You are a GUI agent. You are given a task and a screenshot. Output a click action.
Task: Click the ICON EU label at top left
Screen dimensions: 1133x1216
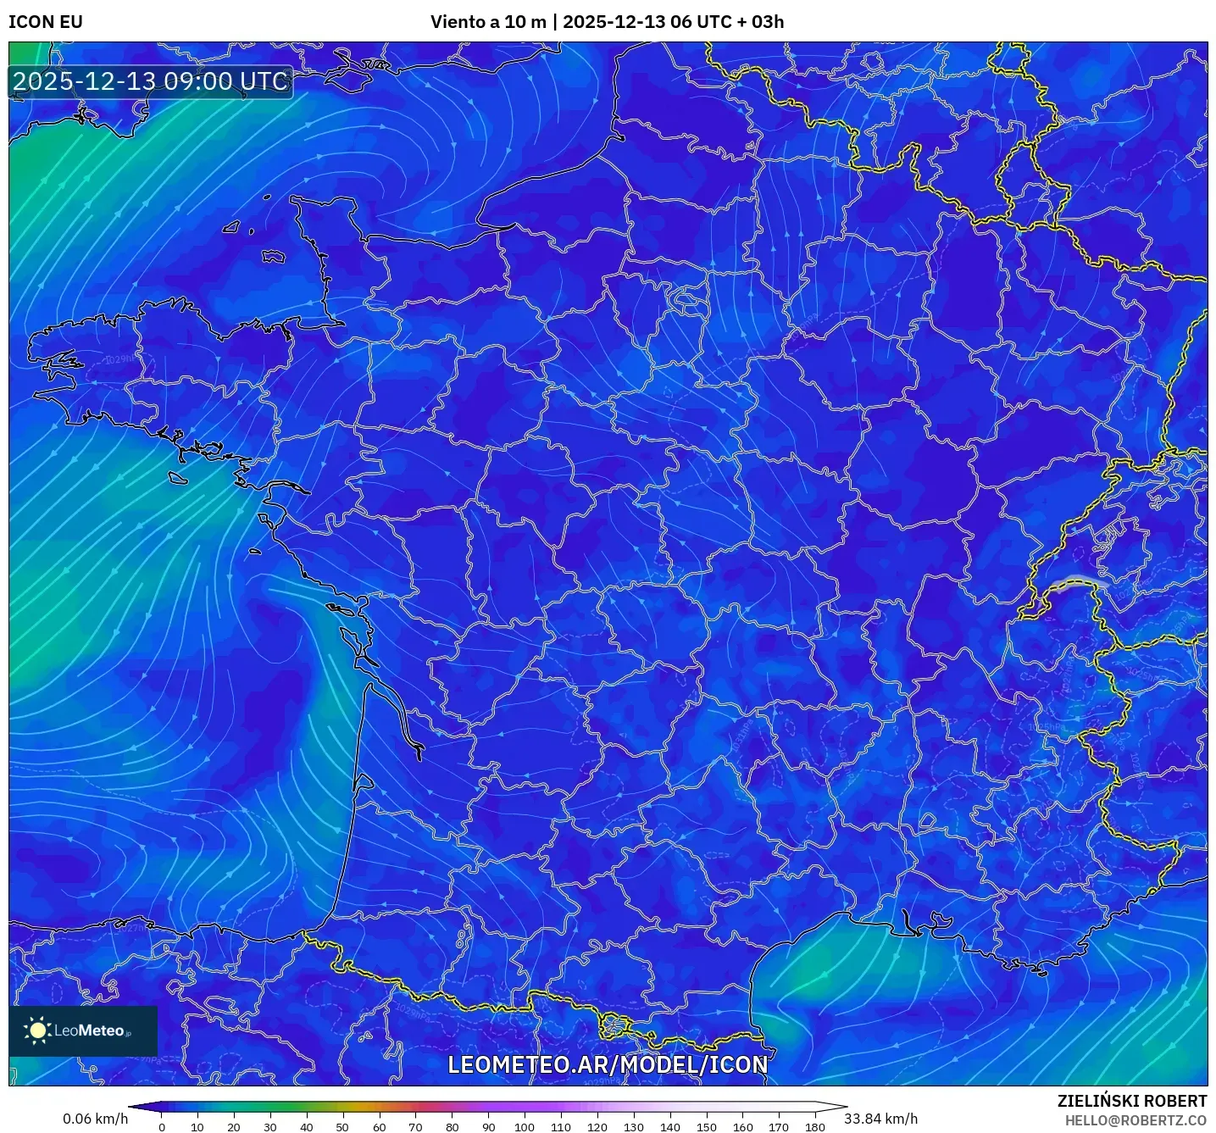46,22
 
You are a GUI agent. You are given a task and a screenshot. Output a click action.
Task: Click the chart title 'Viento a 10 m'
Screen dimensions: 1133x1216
488,22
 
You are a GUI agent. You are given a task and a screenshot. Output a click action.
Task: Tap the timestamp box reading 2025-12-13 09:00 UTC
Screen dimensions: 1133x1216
151,81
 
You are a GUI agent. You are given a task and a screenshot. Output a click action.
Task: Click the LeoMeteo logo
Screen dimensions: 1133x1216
83,1030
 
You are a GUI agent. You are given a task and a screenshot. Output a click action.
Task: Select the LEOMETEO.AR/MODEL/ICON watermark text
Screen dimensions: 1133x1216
608,1064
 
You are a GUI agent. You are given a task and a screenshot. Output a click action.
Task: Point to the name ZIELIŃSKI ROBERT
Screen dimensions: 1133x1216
1132,1101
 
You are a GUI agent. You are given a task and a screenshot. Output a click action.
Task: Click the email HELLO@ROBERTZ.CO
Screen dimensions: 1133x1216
1135,1120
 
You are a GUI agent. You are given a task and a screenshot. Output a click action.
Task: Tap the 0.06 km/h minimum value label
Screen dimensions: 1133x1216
96,1119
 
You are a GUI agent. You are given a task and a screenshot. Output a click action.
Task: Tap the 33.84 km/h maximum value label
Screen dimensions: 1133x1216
880,1119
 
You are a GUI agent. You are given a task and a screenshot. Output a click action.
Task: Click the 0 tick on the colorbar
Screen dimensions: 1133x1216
162,1127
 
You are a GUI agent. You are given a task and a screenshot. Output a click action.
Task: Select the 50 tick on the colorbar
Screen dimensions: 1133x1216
342,1127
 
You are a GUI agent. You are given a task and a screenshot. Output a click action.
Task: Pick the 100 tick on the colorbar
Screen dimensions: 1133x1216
525,1127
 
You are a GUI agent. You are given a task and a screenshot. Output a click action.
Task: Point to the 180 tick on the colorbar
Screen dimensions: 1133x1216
815,1127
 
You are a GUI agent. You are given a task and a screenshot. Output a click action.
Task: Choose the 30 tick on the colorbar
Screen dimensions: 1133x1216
270,1127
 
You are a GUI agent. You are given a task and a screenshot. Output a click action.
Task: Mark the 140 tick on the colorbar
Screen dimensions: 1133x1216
670,1127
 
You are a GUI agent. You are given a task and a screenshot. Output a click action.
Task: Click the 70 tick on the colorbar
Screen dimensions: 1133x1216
415,1127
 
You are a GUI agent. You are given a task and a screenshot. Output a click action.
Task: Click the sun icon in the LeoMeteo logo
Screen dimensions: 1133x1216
38,1030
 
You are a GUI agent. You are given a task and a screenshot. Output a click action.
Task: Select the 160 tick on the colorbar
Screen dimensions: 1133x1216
743,1127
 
